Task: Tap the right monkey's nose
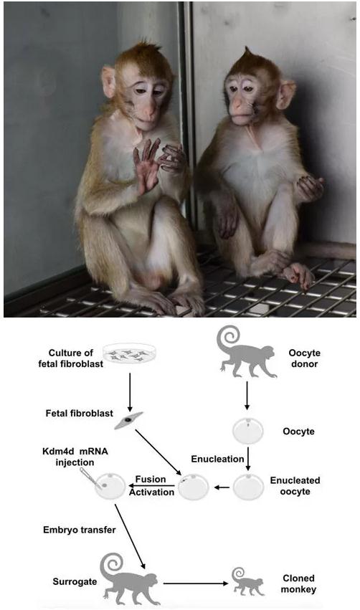pyautogui.click(x=237, y=105)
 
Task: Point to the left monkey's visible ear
pyautogui.click(x=108, y=82)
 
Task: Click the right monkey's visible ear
pyautogui.click(x=286, y=94)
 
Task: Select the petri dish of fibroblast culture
pyautogui.click(x=130, y=353)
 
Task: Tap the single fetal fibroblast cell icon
pyautogui.click(x=128, y=421)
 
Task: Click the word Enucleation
pyautogui.click(x=217, y=459)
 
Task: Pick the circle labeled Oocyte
pyautogui.click(x=248, y=432)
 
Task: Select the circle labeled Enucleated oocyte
pyautogui.click(x=248, y=487)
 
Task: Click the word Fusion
pyautogui.click(x=150, y=480)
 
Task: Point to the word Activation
pyautogui.click(x=152, y=492)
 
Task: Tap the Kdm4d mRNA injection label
pyautogui.click(x=75, y=457)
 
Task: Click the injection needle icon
pyautogui.click(x=88, y=477)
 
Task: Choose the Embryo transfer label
pyautogui.click(x=80, y=530)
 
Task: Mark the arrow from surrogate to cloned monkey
pyautogui.click(x=196, y=583)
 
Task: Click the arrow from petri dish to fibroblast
pyautogui.click(x=130, y=392)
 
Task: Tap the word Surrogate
pyautogui.click(x=75, y=582)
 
